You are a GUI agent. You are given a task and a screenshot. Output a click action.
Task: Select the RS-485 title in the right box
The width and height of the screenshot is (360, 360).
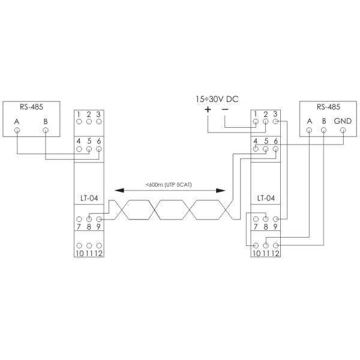tap(328, 107)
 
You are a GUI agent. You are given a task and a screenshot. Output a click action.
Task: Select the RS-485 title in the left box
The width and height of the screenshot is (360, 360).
tap(31, 108)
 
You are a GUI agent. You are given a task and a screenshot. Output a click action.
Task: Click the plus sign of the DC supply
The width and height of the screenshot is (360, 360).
tap(208, 110)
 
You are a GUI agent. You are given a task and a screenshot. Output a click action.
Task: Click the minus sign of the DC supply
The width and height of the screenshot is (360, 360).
tap(225, 110)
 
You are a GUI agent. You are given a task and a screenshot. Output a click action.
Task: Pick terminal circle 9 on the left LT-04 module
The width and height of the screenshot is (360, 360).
tap(98, 219)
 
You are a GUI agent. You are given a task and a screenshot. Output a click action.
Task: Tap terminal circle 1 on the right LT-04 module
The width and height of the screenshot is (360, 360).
tap(256, 121)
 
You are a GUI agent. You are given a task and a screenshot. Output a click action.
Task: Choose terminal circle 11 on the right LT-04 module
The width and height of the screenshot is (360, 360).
tap(266, 245)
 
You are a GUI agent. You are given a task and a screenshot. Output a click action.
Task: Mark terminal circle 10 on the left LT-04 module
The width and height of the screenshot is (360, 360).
tap(79, 245)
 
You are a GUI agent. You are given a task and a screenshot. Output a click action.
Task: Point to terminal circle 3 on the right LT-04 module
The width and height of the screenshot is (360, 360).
tap(275, 121)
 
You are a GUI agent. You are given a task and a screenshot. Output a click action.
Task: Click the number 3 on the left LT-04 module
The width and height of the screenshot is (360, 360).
tap(98, 113)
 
